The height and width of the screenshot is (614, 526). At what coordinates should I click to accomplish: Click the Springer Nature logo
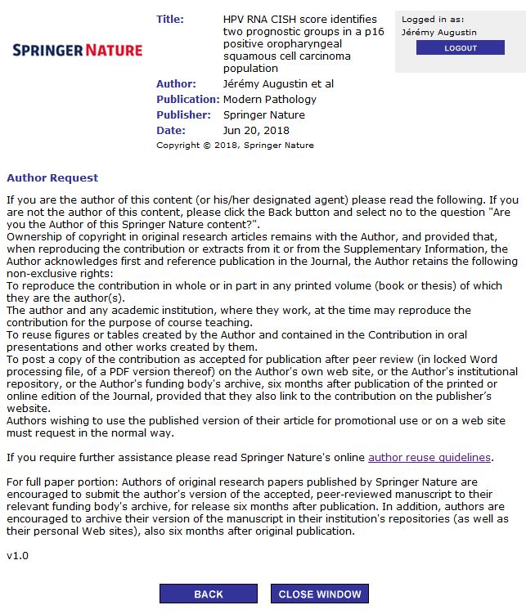(78, 51)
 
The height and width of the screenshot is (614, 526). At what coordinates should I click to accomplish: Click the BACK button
(208, 594)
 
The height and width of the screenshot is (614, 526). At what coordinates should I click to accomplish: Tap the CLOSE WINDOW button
(319, 594)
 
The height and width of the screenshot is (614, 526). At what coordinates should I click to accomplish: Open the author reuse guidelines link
(429, 457)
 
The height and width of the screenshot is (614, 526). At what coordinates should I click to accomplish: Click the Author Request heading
(52, 177)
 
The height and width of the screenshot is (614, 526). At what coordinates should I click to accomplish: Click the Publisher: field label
(183, 115)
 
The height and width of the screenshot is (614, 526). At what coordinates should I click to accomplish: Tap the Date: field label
(171, 131)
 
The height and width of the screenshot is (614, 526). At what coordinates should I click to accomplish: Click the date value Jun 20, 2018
(256, 131)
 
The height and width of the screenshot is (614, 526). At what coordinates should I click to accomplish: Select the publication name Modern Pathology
(269, 100)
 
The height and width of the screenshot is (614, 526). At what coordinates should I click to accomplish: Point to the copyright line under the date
(235, 146)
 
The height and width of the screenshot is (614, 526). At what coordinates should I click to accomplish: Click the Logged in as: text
(433, 20)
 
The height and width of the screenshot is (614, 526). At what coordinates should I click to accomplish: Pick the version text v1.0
(17, 556)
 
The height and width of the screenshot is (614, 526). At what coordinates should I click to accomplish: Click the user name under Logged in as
(439, 33)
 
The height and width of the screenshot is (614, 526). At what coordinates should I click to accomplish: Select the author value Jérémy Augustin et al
(278, 84)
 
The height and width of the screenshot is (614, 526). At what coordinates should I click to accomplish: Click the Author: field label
(176, 84)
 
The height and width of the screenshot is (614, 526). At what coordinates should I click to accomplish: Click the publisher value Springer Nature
(262, 115)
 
